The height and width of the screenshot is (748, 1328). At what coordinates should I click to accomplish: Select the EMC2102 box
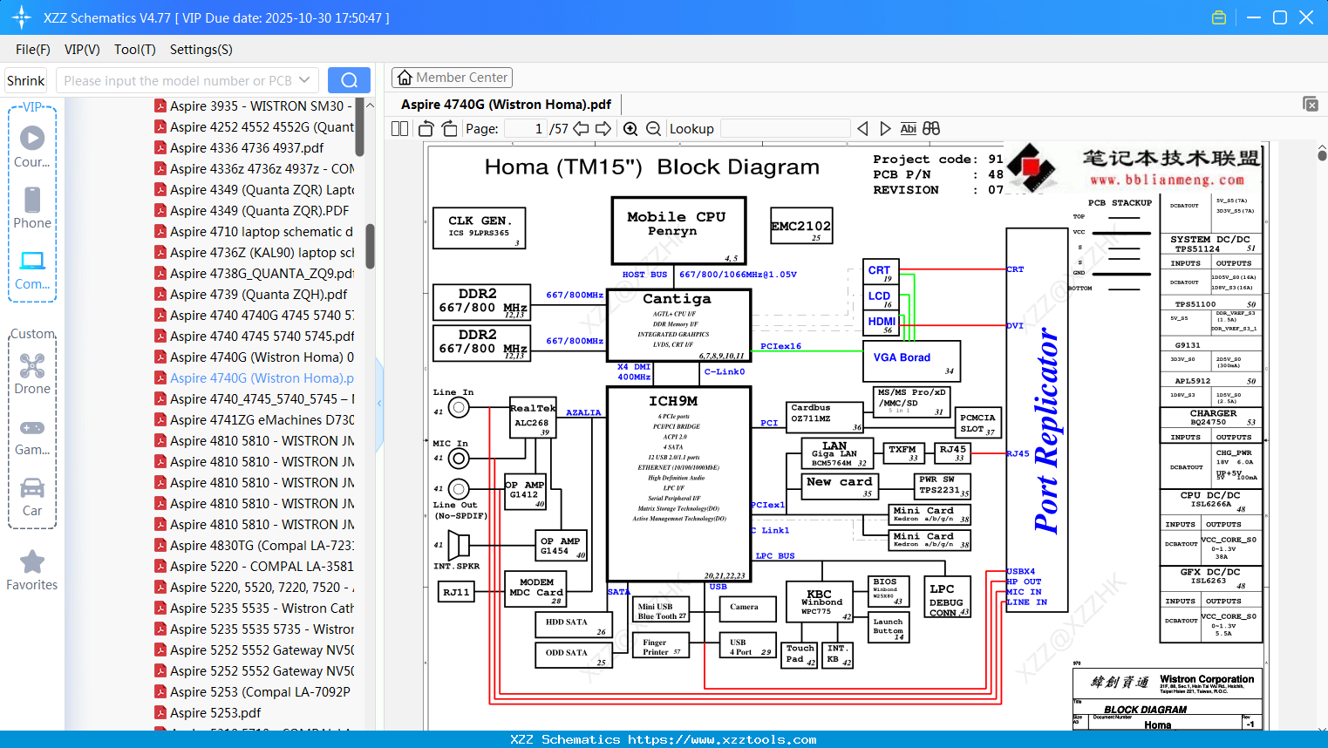pyautogui.click(x=801, y=227)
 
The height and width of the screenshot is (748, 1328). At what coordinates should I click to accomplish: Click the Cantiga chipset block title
pyautogui.click(x=677, y=299)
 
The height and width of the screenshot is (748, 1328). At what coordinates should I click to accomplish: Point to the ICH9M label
pyautogui.click(x=673, y=401)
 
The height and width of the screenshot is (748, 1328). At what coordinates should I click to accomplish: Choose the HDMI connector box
pyautogui.click(x=882, y=323)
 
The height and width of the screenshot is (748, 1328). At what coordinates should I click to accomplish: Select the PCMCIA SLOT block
pyautogui.click(x=977, y=424)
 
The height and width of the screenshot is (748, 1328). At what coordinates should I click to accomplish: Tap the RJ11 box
pyautogui.click(x=456, y=593)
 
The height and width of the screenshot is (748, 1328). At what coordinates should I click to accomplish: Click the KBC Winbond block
pyautogui.click(x=821, y=602)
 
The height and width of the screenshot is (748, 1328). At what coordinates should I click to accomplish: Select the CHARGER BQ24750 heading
pyautogui.click(x=1212, y=418)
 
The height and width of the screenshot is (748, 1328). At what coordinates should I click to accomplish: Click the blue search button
pyautogui.click(x=349, y=80)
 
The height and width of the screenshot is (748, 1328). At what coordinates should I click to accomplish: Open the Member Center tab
pyautogui.click(x=452, y=78)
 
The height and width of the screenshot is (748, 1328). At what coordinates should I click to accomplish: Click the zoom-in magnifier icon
pyautogui.click(x=630, y=129)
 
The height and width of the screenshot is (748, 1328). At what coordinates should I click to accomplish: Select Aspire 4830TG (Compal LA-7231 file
pyautogui.click(x=262, y=546)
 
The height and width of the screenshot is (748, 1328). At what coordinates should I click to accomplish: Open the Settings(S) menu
pyautogui.click(x=201, y=50)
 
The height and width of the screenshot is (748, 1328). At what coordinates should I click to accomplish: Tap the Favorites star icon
pyautogui.click(x=32, y=562)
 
